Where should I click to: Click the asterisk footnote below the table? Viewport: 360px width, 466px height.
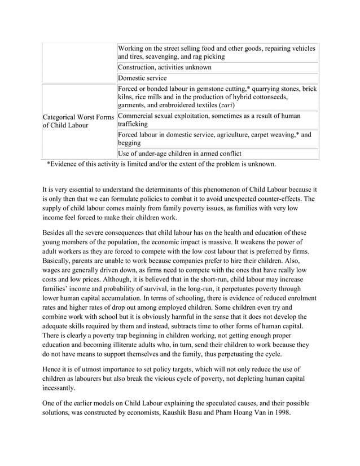pos(161,164)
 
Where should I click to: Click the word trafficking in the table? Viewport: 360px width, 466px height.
pos(133,124)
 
